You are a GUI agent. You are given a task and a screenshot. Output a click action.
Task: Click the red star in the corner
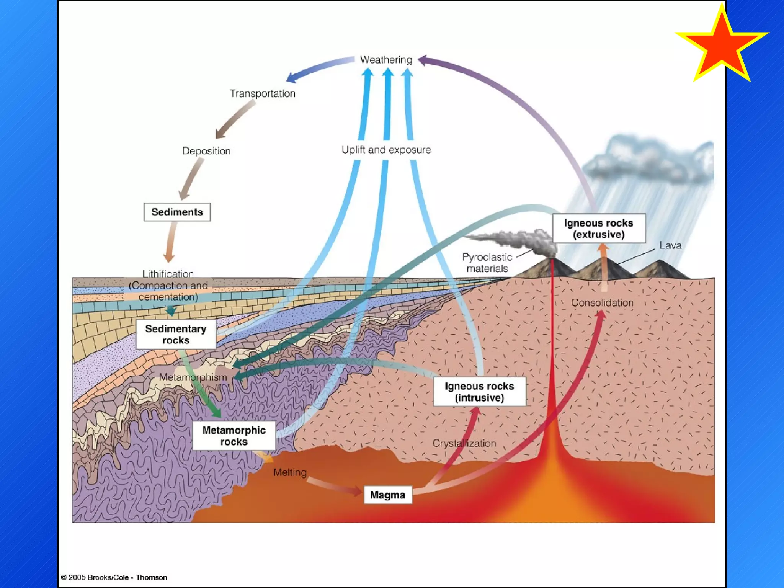tap(722, 45)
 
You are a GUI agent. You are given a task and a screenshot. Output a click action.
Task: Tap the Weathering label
tap(386, 60)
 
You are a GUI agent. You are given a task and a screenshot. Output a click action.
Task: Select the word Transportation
tap(263, 94)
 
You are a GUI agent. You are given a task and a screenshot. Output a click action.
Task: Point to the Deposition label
tap(206, 151)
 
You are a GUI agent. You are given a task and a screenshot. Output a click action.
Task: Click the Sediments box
tap(177, 212)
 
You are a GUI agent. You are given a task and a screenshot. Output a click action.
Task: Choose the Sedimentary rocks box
tap(176, 334)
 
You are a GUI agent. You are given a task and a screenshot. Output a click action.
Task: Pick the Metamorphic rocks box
tap(234, 436)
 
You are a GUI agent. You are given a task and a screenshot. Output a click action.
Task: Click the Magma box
tap(387, 495)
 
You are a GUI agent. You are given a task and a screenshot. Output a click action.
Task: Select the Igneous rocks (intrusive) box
tap(479, 392)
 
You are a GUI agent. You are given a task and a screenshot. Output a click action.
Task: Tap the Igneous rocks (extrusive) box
tap(599, 229)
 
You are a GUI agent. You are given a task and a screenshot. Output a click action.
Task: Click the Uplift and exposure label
tap(386, 150)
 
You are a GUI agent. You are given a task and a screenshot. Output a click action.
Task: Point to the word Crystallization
tap(464, 443)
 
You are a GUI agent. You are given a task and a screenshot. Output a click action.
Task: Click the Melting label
tap(290, 472)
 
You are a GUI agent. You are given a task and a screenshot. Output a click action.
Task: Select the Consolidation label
tap(602, 303)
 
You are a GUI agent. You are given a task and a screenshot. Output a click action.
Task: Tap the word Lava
tap(670, 245)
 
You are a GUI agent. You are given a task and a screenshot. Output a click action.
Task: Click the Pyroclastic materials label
tap(487, 263)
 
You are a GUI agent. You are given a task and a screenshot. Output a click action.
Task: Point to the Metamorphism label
tap(193, 377)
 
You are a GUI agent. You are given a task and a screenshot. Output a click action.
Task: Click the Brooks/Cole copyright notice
tap(114, 577)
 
